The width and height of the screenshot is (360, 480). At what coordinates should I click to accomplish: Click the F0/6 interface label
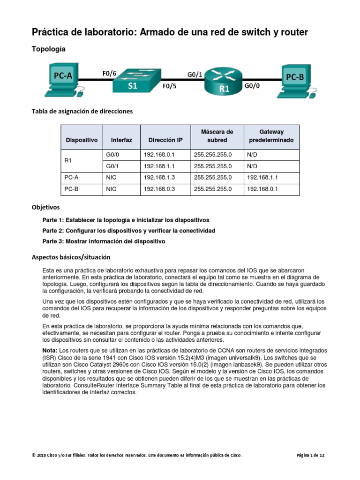coord(109,73)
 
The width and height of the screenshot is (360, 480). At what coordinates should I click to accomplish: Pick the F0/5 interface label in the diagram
coord(169,87)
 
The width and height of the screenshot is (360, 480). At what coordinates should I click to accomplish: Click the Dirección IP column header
coord(165,140)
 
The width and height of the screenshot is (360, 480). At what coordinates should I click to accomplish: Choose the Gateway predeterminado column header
coord(271,136)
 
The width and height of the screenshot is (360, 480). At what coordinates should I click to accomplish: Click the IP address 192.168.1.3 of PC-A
coord(159,178)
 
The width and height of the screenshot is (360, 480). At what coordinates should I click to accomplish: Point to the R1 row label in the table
coord(67,160)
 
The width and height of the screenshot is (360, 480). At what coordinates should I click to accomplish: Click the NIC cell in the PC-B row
coord(111,189)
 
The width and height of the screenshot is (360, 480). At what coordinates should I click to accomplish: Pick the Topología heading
coord(48,49)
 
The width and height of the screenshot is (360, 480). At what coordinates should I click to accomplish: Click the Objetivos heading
coord(45,207)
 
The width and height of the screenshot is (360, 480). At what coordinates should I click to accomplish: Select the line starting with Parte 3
coord(104,242)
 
